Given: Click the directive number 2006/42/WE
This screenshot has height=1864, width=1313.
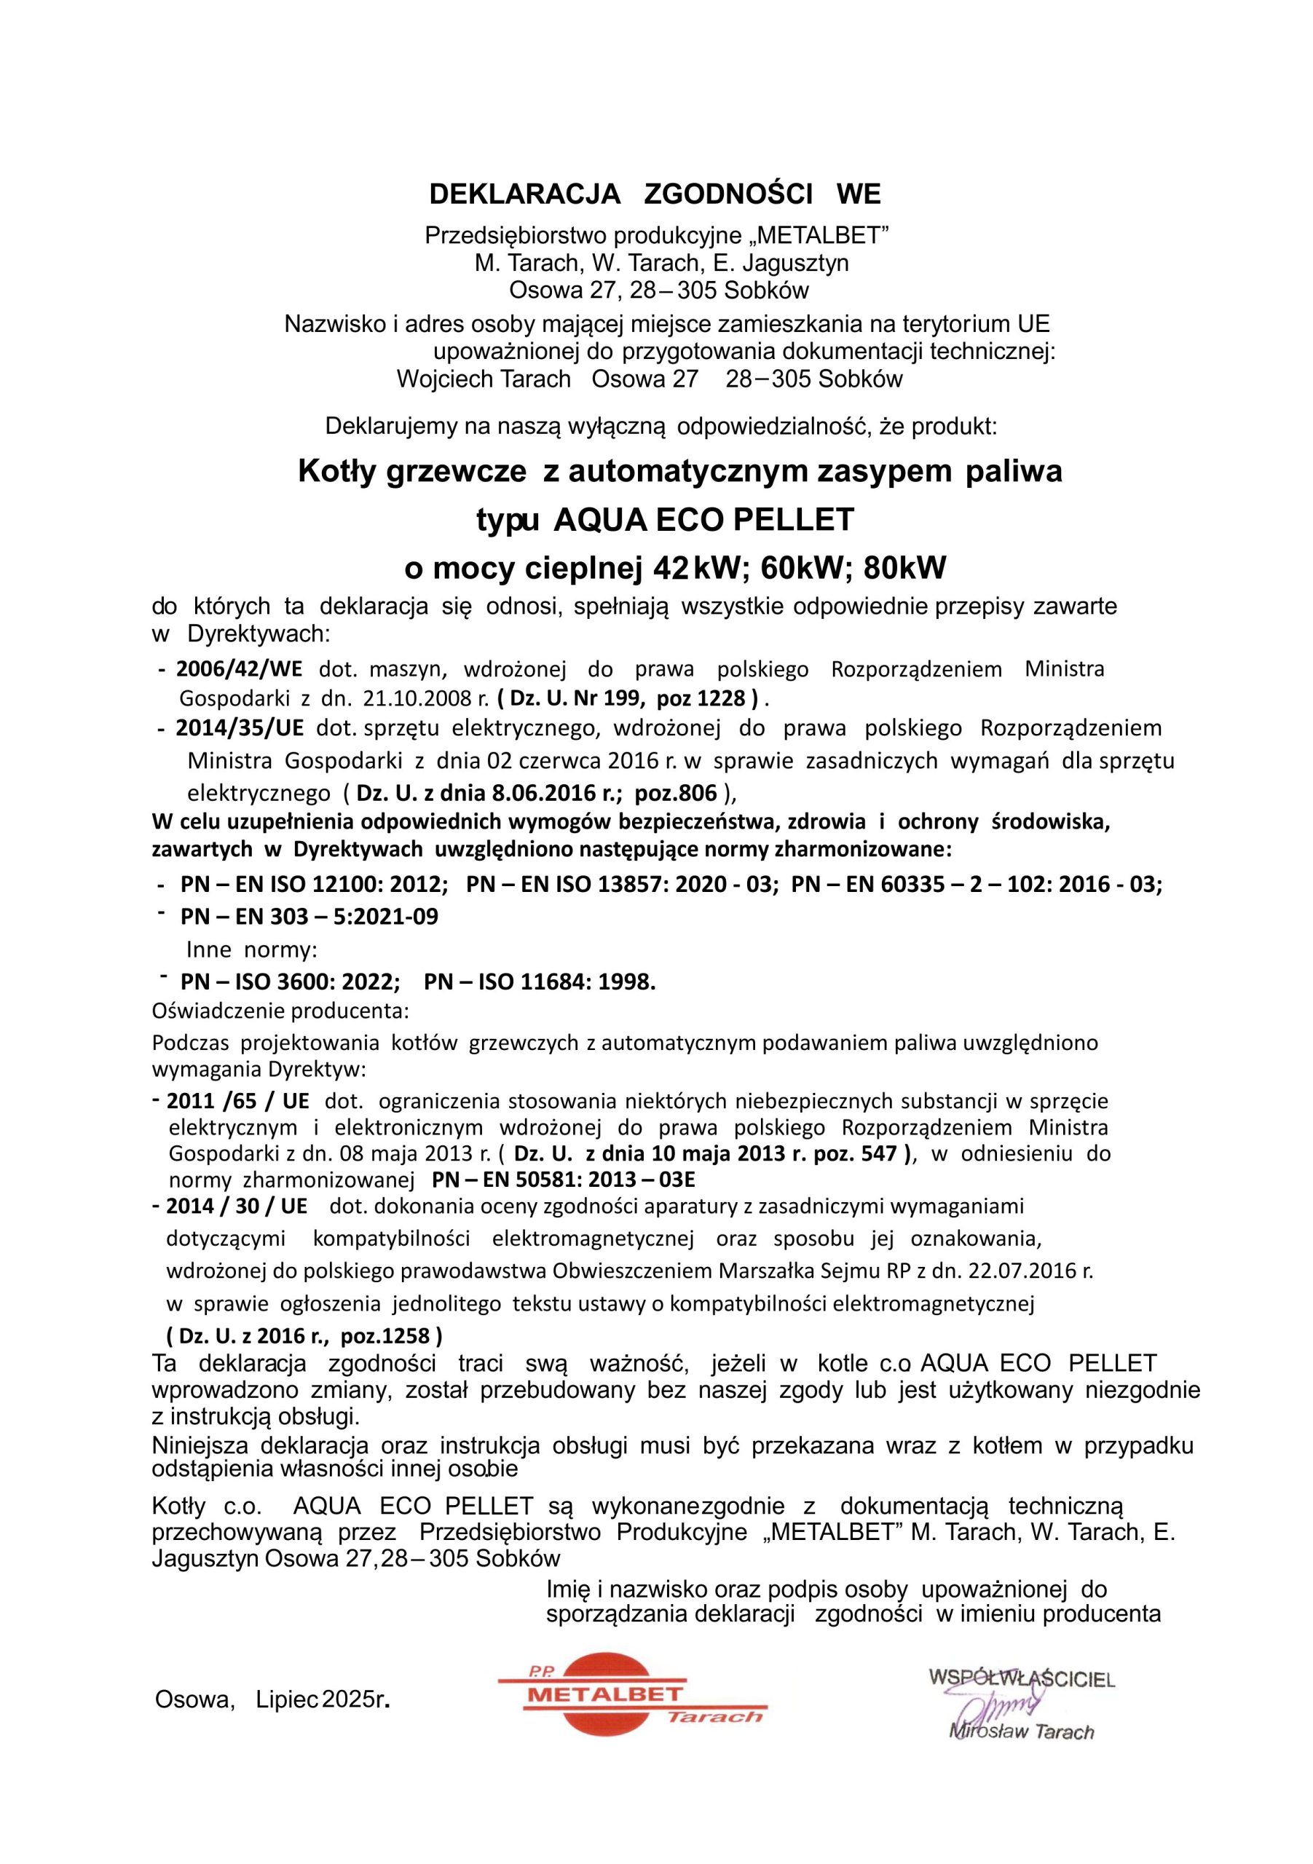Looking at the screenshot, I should [x=239, y=670].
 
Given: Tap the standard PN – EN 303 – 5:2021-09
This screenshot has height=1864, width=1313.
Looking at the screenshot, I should [x=309, y=917].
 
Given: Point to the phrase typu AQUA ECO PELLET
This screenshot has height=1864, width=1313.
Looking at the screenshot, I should [x=665, y=520].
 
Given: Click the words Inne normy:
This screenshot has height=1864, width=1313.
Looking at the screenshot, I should [x=252, y=949].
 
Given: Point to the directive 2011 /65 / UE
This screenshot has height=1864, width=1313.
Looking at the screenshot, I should [x=237, y=1101].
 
